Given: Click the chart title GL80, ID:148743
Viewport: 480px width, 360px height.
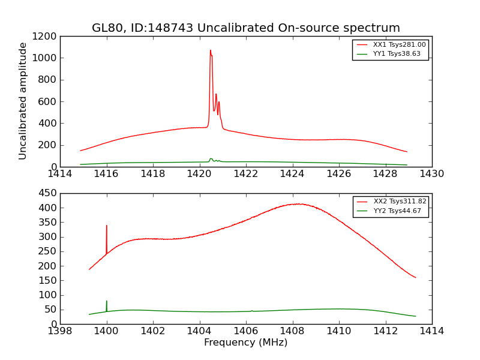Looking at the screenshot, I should pos(245,28).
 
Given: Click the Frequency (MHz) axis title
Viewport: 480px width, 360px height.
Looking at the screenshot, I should pos(245,343).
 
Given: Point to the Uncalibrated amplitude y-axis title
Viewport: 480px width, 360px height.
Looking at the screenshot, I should pos(23,101).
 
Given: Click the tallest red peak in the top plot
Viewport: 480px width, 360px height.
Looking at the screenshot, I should pos(210,50).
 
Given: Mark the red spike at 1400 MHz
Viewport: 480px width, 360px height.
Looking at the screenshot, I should pos(107,226).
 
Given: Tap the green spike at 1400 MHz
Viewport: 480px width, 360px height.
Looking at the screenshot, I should pos(107,301).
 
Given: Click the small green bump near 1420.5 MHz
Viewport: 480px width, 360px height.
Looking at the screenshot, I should pos(211,159).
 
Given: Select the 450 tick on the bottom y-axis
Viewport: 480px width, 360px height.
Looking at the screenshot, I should pos(48,193).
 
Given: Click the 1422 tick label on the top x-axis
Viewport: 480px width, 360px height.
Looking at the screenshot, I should pos(246,174).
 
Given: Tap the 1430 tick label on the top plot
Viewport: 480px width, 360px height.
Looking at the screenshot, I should pos(431,174).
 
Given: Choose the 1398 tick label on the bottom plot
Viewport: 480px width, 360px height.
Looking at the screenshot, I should pos(60,331).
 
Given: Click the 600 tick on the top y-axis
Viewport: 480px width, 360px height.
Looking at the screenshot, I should pos(48,101).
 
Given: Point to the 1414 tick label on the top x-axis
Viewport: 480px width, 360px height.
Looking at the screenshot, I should pos(60,174).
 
